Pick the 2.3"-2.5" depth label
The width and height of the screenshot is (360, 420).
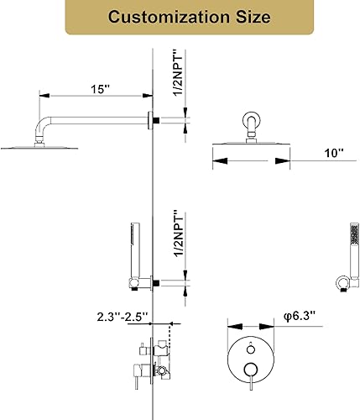[121, 316]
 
